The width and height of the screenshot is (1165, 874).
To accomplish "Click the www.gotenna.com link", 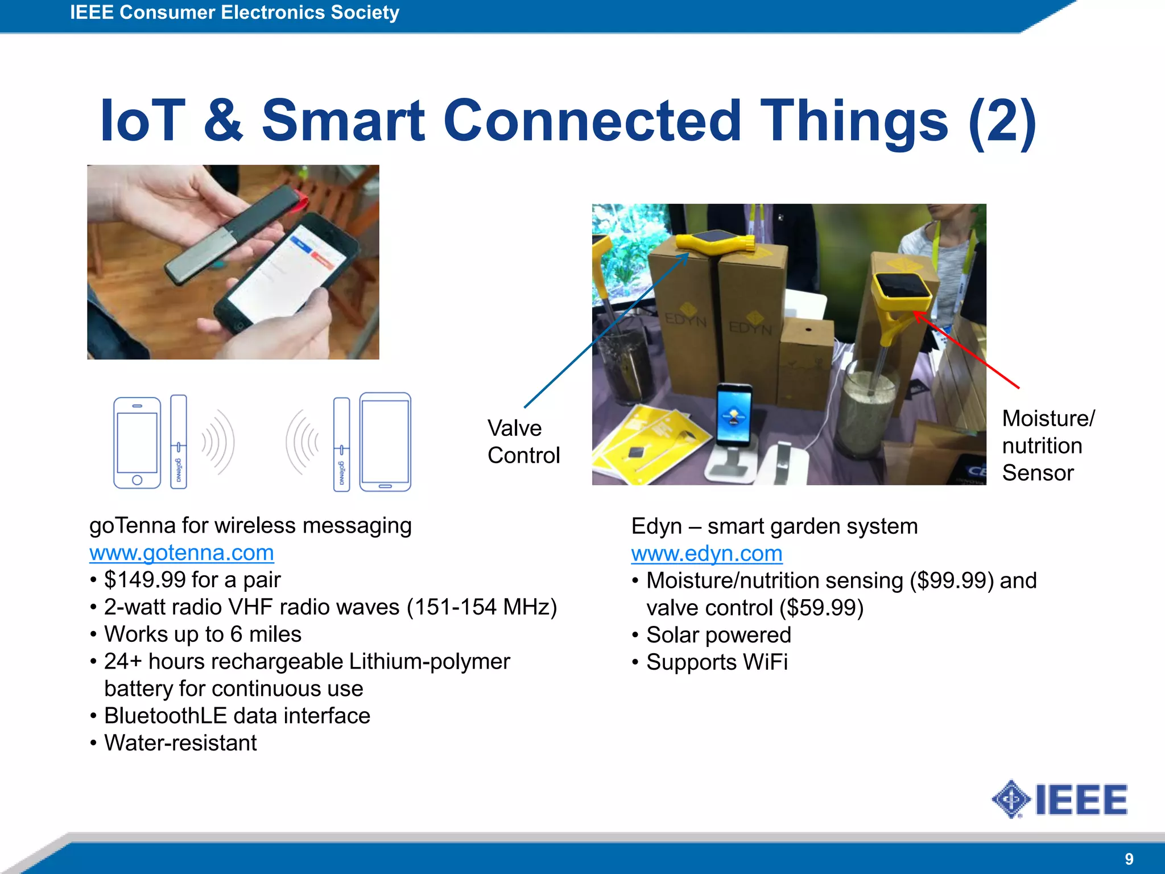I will [x=181, y=553].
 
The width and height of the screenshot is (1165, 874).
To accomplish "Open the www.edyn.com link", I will [x=707, y=554].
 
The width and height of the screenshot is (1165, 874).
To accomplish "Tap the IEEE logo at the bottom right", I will [x=1059, y=799].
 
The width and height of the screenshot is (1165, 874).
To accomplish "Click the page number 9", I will [x=1129, y=859].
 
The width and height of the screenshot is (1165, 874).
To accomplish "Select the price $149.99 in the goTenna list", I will [x=145, y=580].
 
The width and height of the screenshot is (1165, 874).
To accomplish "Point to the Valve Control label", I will [x=523, y=442].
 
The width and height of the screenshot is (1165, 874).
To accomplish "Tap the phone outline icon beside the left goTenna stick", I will [x=137, y=443].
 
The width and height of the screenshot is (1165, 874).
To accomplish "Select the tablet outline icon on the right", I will [x=385, y=442].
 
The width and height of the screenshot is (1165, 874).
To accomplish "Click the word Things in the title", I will [x=853, y=121].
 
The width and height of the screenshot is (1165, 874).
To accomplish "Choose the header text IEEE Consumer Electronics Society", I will [x=234, y=13].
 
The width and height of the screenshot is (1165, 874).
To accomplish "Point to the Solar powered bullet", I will [x=718, y=635].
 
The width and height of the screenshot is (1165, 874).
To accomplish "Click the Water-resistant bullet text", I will [x=180, y=743].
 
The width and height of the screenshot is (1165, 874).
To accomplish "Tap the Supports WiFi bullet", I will [x=717, y=662].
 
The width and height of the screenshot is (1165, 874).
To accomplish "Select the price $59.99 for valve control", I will [x=821, y=608].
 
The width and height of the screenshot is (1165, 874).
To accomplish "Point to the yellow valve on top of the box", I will [x=716, y=243].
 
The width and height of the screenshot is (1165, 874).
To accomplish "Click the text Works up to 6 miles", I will [x=203, y=634].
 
